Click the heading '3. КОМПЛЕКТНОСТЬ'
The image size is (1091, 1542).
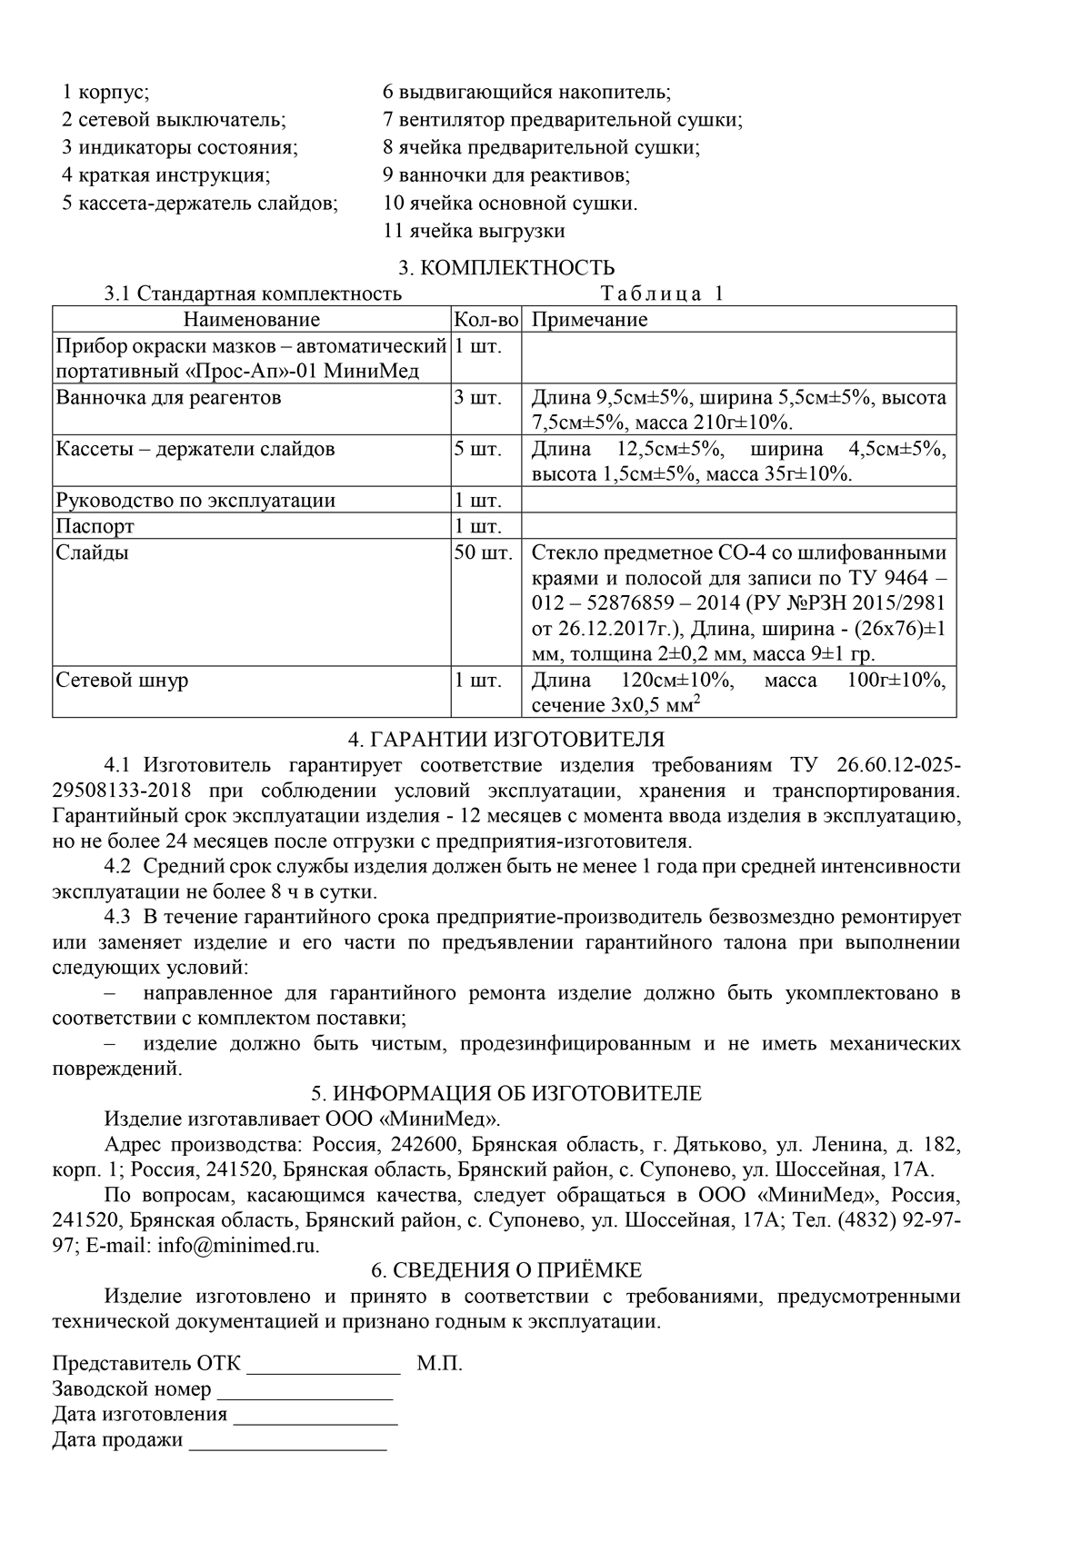(x=506, y=267)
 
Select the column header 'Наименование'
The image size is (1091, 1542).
(x=252, y=320)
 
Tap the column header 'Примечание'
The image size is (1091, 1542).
(x=589, y=320)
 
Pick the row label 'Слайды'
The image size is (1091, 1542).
(x=93, y=552)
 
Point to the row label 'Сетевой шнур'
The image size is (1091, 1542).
(x=122, y=681)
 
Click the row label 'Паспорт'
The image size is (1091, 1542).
(x=95, y=526)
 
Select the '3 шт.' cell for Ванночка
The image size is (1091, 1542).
(x=477, y=397)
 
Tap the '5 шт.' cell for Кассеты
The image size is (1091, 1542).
(x=477, y=449)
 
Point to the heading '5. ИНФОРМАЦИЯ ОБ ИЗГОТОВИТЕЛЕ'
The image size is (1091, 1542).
(x=506, y=1093)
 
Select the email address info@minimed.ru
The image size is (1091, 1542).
(x=238, y=1245)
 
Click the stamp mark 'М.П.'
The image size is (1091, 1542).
(x=440, y=1363)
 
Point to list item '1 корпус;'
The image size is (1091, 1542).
(x=105, y=93)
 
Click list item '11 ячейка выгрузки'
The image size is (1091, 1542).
(x=474, y=231)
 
